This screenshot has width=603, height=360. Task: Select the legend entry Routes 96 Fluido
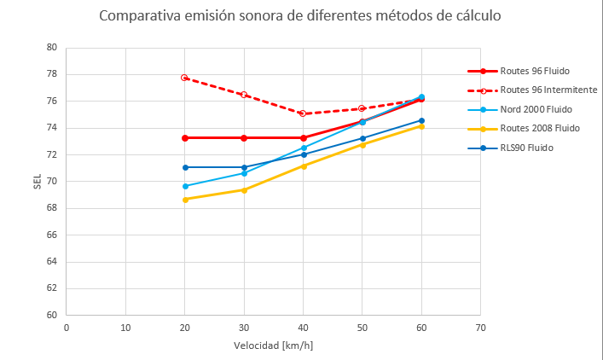pos(535,71)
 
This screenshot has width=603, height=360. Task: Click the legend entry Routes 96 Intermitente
pos(548,90)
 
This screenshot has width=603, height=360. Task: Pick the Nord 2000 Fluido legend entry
pos(536,109)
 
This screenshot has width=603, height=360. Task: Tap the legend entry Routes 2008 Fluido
pos(540,128)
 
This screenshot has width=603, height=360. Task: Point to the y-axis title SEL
pos(37,182)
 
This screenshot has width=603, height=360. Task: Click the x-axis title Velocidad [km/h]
pos(273,346)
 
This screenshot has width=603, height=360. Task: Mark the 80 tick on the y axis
pos(53,48)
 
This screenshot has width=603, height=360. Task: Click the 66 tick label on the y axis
pos(53,235)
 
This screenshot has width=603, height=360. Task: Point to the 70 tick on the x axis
pos(480,328)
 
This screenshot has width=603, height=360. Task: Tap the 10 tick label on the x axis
pos(125,328)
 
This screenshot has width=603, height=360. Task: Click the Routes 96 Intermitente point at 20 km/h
pos(185,78)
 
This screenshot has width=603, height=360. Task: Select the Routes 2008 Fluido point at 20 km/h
pos(185,200)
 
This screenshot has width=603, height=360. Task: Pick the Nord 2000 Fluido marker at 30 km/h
pos(244,173)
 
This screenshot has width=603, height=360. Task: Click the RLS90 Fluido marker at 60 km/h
pos(421,120)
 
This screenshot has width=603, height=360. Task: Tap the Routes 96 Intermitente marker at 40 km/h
pos(304,113)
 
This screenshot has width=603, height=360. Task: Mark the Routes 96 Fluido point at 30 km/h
pos(244,137)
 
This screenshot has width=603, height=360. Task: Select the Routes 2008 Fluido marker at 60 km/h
pos(421,126)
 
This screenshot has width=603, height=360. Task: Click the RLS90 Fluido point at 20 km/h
pos(185,167)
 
